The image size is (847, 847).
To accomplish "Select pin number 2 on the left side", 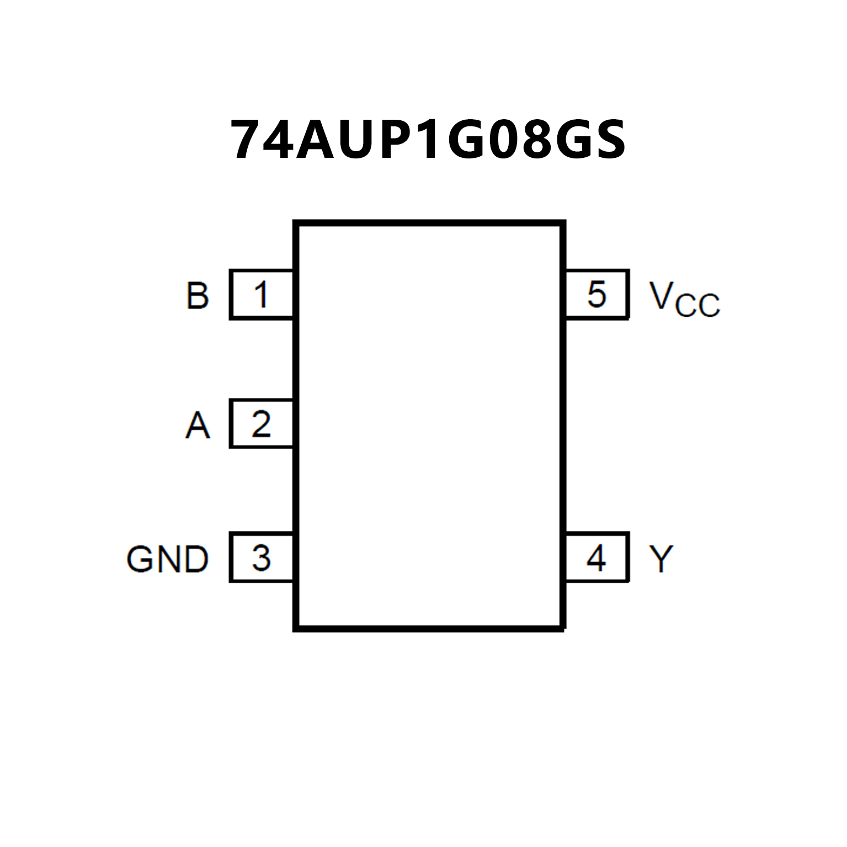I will [261, 424].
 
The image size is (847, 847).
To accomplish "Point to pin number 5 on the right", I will [596, 294].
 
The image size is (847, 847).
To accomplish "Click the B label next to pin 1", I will [198, 296].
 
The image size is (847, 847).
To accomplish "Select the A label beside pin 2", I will [198, 425].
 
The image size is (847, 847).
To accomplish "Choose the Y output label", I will [661, 559].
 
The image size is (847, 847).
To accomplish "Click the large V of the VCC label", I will [661, 295].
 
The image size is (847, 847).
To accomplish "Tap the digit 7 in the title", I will [248, 139].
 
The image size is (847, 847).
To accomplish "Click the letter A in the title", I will [316, 139].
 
